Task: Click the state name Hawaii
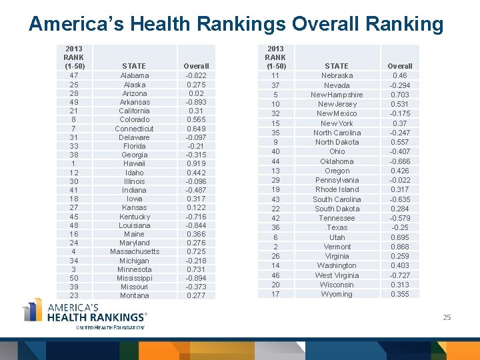(134, 163)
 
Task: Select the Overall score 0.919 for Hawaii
(196, 163)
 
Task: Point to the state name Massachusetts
(135, 251)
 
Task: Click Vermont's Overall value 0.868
(400, 247)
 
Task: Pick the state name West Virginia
(337, 275)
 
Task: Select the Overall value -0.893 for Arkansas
(196, 102)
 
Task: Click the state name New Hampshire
(337, 95)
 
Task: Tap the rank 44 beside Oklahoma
(275, 161)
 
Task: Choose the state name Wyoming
(337, 294)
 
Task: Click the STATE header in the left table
(134, 66)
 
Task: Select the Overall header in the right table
(400, 66)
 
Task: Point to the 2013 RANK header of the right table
(275, 57)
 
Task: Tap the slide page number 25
(447, 317)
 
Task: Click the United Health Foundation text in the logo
(110, 328)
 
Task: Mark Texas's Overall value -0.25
(400, 227)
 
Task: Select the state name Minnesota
(134, 269)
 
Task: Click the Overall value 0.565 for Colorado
(196, 119)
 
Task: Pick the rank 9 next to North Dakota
(275, 142)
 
